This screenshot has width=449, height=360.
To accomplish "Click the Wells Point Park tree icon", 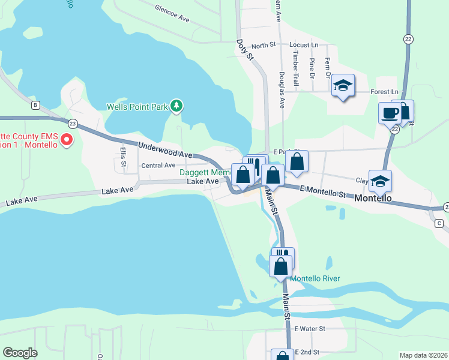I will pos(176,106).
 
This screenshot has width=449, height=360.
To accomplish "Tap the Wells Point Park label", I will pos(137,107).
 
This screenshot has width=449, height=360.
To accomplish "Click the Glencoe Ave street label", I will pos(172,14).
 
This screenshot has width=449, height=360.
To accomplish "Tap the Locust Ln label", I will pos(303,45).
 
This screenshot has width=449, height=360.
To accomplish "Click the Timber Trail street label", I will pos(295,68).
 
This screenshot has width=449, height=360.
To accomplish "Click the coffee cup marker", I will pos(389,112).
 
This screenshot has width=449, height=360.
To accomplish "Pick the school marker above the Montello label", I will pos(380,181).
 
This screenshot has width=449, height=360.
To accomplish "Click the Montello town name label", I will pos(373,198).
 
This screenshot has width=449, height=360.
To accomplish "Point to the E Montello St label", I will pos(323,191).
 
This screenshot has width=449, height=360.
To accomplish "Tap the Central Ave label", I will pos(158,165).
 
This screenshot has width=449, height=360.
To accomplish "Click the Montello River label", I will pos(315,278).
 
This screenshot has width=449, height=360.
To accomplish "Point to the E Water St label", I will pos(309,329).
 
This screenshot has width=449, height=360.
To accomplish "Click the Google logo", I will pos(20,353).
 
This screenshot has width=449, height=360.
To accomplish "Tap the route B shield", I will pos(36,106).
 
